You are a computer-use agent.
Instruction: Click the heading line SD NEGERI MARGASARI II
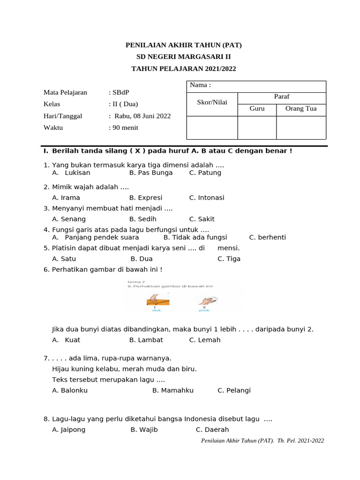[184, 57]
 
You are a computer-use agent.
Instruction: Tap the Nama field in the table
[256, 86]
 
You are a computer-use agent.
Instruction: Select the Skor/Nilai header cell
[212, 102]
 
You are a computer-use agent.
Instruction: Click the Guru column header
[257, 108]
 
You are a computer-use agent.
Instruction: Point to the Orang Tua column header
[301, 108]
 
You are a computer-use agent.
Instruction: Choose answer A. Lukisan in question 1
[71, 172]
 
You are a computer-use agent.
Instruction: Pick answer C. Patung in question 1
[205, 172]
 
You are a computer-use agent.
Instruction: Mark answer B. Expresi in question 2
[146, 198]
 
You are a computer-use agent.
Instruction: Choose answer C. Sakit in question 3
[202, 219]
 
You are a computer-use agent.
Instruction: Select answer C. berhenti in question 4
[267, 237]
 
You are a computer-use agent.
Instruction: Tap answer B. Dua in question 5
[142, 259]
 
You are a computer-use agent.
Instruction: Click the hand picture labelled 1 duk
[155, 300]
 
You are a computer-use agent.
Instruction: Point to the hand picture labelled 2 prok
[205, 300]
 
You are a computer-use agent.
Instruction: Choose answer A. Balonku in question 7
[70, 390]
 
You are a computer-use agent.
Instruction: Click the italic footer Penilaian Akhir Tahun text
[262, 441]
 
